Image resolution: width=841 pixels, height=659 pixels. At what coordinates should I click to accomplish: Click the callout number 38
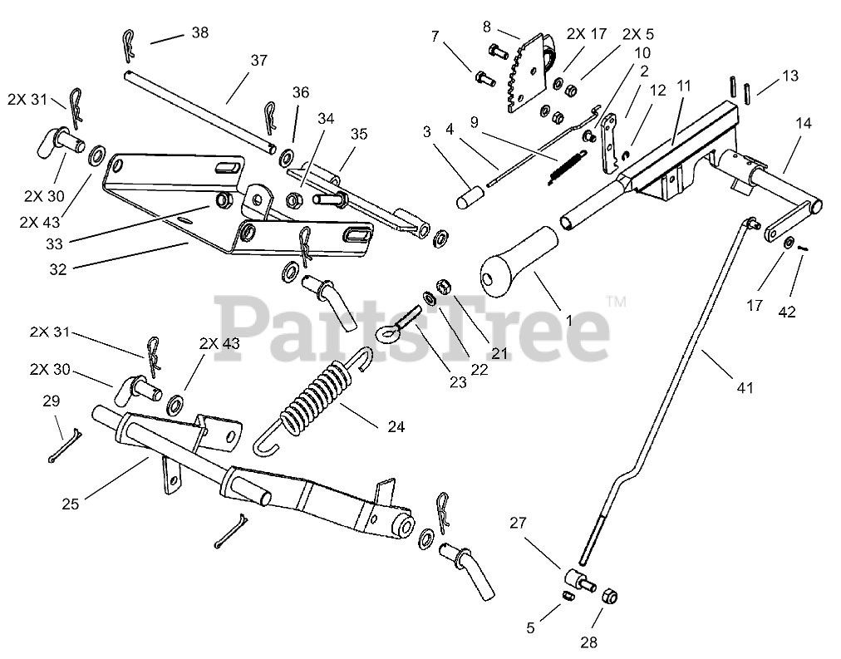[199, 33]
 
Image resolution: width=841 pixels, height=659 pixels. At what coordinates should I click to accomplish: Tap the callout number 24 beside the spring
[396, 427]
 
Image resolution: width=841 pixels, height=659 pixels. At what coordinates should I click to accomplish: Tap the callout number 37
[258, 61]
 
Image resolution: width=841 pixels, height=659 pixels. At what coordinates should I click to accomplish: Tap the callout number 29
[52, 401]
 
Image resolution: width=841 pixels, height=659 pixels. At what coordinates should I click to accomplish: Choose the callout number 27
[518, 523]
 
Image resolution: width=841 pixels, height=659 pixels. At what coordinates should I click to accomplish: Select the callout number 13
[789, 76]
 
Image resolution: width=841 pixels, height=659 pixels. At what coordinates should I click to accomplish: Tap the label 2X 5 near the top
[637, 35]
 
